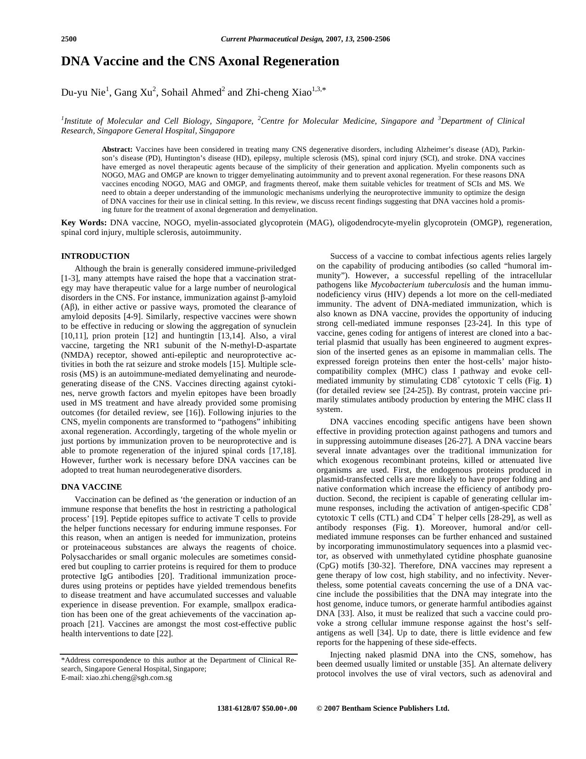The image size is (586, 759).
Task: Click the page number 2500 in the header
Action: point(69,39)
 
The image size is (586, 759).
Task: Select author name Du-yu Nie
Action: point(83,92)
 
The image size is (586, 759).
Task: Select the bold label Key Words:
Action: point(84,223)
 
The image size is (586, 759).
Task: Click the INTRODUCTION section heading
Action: point(95,256)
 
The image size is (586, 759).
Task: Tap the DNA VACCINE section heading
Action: point(91,487)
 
